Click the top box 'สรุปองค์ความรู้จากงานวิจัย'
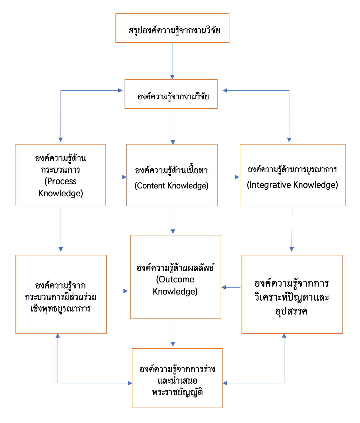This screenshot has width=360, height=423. point(172,28)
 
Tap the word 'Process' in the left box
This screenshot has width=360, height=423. point(61,181)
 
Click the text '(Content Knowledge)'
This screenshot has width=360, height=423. point(172,185)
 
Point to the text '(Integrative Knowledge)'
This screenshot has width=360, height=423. point(292,185)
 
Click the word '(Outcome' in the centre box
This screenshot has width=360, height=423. point(175,279)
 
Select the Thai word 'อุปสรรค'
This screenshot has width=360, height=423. point(292,311)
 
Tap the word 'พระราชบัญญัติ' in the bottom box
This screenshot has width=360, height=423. point(177,392)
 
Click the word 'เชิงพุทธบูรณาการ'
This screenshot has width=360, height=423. point(61,309)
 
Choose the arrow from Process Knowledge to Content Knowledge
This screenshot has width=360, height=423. point(116,177)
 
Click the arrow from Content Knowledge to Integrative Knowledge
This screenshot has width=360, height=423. point(229,177)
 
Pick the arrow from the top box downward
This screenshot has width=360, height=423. point(172,61)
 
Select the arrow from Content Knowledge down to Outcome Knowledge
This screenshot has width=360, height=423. point(173,220)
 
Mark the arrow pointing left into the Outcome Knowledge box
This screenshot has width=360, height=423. point(231,287)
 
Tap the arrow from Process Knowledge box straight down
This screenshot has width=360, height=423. point(61,229)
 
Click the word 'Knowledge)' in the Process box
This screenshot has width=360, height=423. point(61,193)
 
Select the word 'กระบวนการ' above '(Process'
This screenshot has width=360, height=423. point(61,170)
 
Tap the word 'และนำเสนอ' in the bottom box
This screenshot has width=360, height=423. point(177,381)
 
